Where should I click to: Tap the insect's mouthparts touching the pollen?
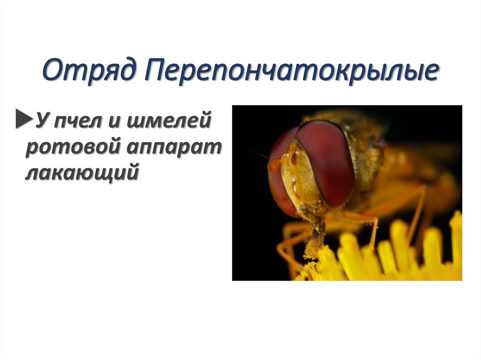coord(313,239)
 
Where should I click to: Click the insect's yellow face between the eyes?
coord(301,183)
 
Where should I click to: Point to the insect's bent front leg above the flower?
coord(366,221)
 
